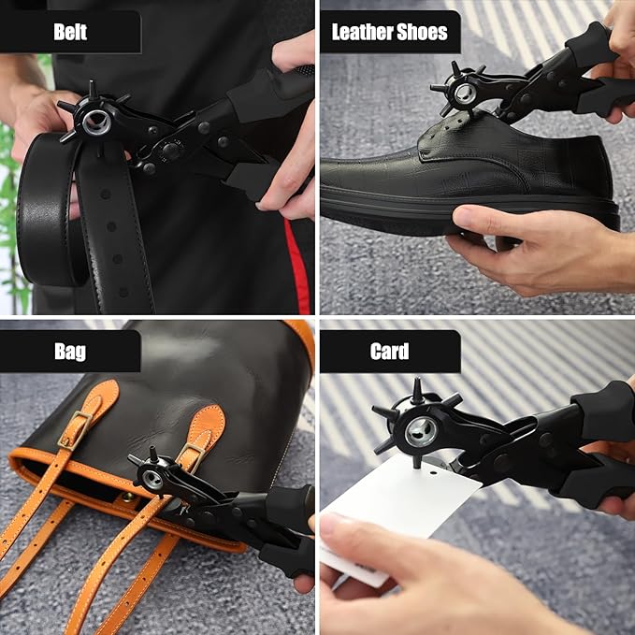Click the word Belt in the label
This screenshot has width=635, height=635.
point(70,32)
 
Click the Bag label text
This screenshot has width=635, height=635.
point(70,352)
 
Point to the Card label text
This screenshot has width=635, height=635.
point(389,351)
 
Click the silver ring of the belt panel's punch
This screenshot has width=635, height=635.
point(97,123)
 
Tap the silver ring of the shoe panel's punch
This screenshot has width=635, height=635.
point(465,94)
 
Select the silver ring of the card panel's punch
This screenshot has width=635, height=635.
point(422,432)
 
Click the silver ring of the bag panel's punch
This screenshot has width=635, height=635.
point(152,480)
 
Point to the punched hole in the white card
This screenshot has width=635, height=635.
point(433,472)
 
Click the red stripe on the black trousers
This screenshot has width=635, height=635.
point(297,267)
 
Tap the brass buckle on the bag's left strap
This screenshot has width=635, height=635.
point(76,430)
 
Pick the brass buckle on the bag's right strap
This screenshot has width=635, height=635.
point(191,456)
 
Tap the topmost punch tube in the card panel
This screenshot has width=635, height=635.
point(417,390)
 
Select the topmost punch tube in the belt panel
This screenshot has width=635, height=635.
point(93,89)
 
